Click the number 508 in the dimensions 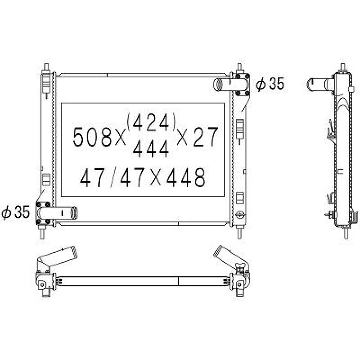point(92,137)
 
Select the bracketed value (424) point(151,122)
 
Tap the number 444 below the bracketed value point(151,149)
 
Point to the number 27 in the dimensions point(206,137)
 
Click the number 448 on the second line point(186,177)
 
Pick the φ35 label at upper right point(270,84)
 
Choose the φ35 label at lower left point(15,211)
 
